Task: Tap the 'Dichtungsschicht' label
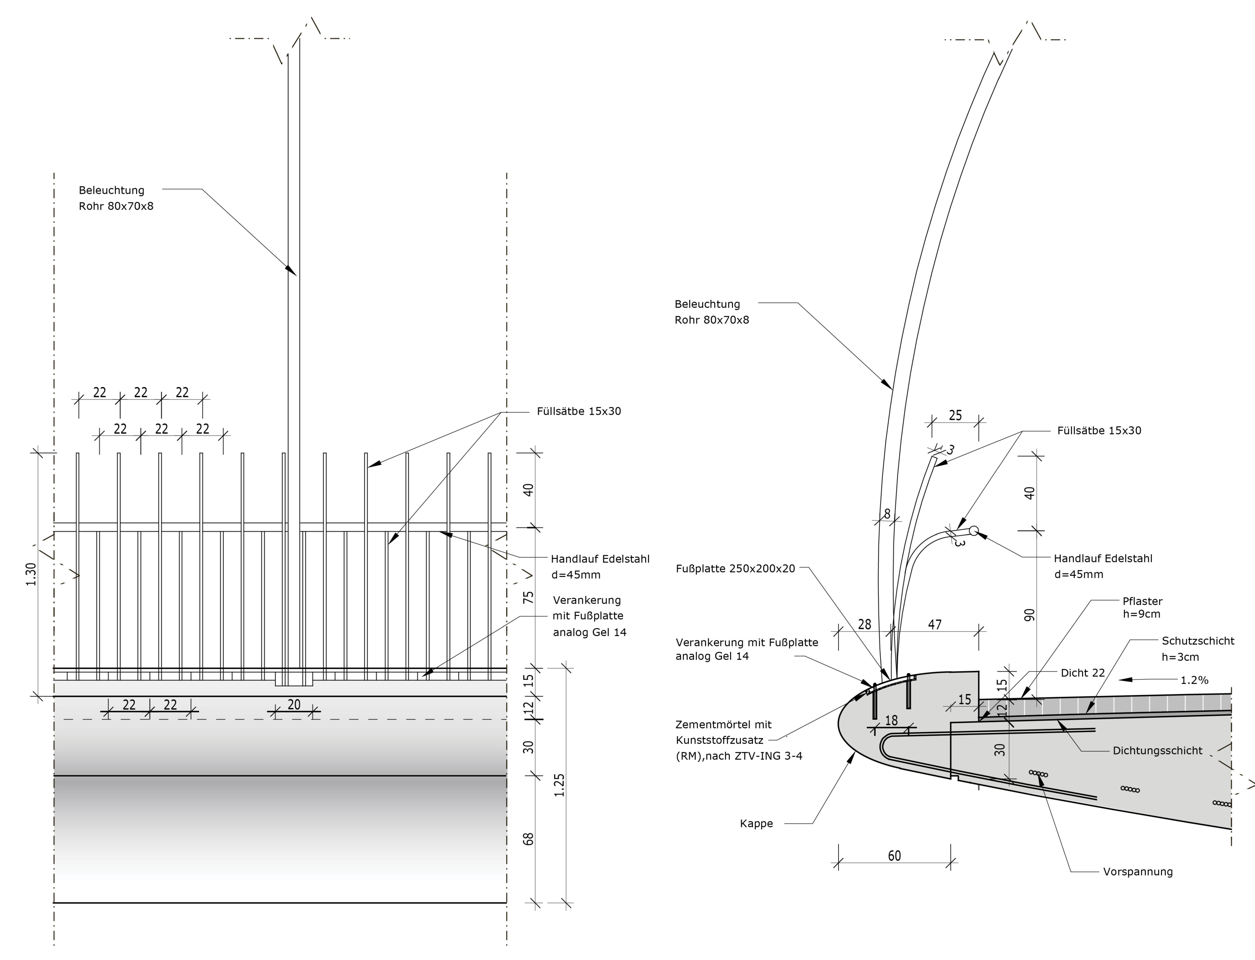[1157, 751]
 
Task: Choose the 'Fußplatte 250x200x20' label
[735, 568]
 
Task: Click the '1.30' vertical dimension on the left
[31, 574]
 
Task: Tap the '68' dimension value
[528, 839]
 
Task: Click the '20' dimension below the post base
[293, 705]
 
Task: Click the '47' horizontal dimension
[934, 625]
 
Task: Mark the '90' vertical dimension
[1029, 615]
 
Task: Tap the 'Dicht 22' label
[1082, 673]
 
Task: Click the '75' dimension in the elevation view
[528, 598]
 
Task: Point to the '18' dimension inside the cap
[891, 720]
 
